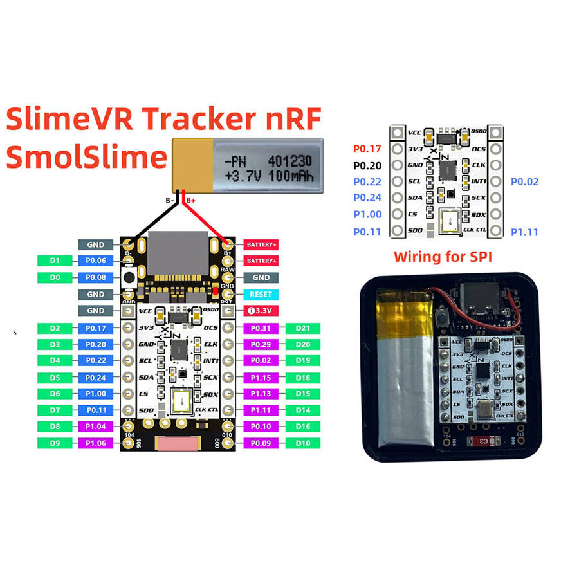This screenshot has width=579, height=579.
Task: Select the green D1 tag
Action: click(x=55, y=261)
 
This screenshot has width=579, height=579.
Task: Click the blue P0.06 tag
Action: click(x=95, y=261)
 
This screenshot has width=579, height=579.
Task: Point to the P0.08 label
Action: click(x=95, y=277)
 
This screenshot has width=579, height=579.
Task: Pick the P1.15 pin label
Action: click(x=261, y=378)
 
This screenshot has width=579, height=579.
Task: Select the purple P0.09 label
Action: click(x=261, y=443)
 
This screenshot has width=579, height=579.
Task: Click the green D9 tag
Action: click(x=55, y=443)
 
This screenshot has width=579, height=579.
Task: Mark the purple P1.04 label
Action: click(x=95, y=427)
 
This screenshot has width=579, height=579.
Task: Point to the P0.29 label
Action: click(x=261, y=345)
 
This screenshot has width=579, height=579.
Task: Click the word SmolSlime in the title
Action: click(x=87, y=157)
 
